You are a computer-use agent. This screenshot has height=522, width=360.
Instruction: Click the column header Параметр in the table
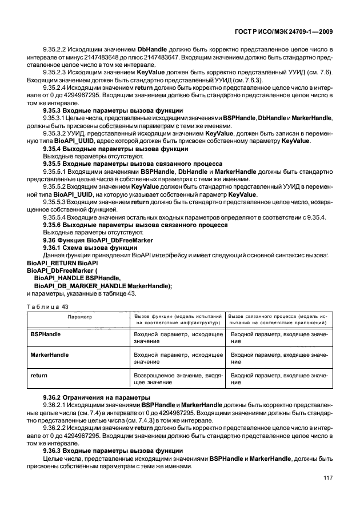point(78,316)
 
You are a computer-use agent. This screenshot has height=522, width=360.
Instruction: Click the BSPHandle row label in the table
point(46,332)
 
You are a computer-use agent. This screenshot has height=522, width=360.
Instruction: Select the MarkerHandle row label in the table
point(50,354)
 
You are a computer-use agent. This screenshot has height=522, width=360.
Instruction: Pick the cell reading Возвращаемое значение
point(177,380)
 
